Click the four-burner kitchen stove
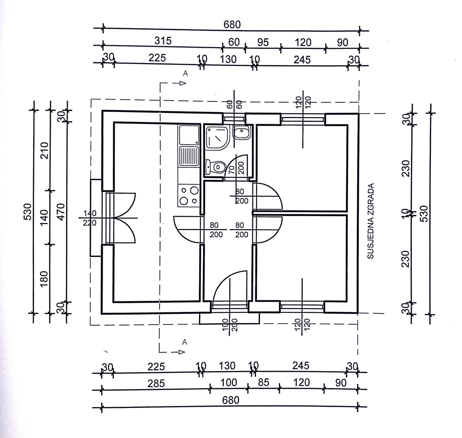[x=189, y=195]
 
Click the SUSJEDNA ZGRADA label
[x=371, y=221]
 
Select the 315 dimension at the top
[x=163, y=40]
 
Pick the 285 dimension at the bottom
[x=156, y=384]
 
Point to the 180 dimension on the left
[x=45, y=279]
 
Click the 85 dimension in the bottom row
[x=263, y=383]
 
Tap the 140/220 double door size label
[x=89, y=218]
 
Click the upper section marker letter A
[x=185, y=74]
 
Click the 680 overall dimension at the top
[x=232, y=25]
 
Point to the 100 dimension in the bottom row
[x=229, y=383]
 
